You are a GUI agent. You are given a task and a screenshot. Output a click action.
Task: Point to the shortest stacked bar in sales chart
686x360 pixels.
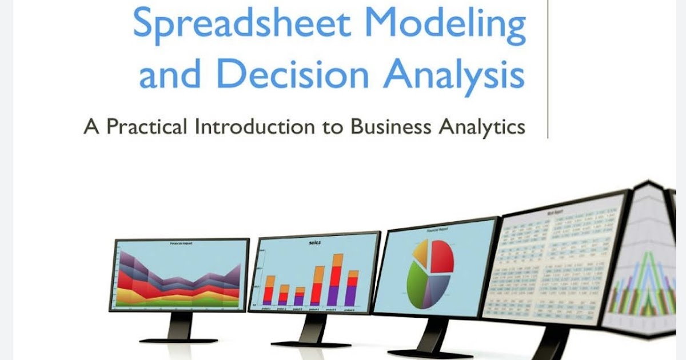300,297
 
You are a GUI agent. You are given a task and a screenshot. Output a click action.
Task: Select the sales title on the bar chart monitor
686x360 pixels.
314,243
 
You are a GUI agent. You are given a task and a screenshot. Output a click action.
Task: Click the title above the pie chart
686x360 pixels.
437,230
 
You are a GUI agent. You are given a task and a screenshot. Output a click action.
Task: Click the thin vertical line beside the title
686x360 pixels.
548,69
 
